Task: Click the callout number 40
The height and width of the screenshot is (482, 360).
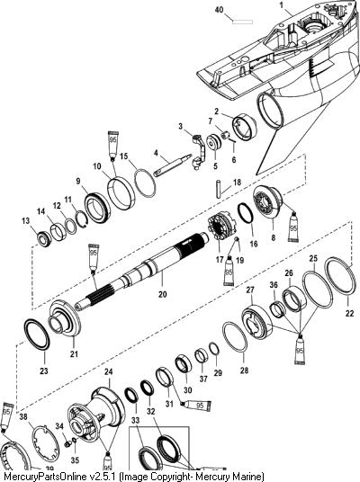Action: coord(219,10)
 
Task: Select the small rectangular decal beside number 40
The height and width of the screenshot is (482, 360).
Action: coord(242,22)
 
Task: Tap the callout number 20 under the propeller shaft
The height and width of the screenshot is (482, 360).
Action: coord(163,294)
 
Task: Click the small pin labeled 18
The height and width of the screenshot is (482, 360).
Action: coord(220,190)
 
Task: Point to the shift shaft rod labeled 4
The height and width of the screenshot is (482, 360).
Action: coord(172,165)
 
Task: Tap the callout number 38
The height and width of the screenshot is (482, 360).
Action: coord(23,417)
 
